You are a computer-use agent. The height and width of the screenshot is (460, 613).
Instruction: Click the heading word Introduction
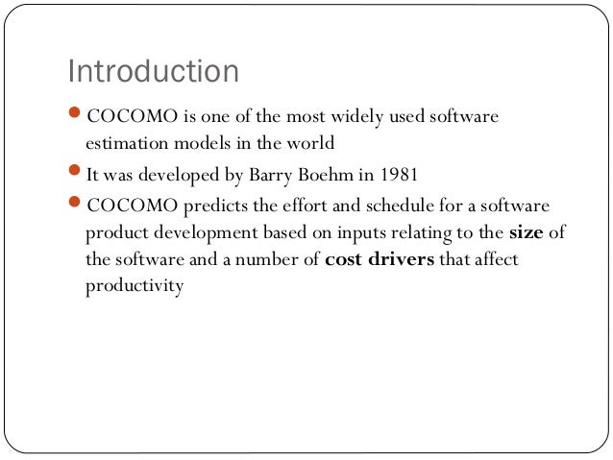click(x=153, y=72)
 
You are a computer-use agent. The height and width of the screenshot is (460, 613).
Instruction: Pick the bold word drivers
click(x=401, y=259)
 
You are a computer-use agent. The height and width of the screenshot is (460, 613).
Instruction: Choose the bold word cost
click(x=346, y=259)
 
